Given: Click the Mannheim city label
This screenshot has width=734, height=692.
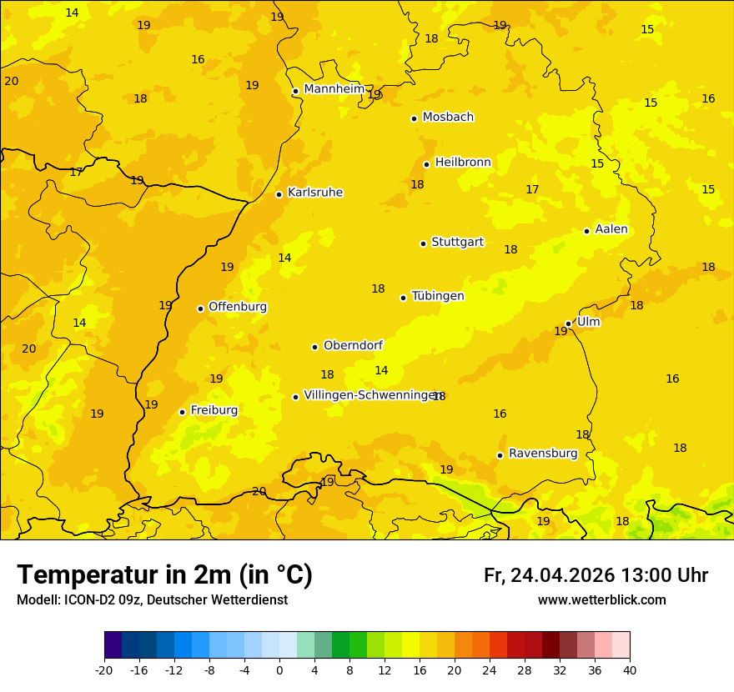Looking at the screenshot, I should pos(334,89).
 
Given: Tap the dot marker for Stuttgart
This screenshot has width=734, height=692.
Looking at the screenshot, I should pos(423,243).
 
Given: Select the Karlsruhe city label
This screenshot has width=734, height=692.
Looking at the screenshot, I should pos(314,193).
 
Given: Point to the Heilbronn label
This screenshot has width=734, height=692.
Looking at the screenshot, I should pos(462,163).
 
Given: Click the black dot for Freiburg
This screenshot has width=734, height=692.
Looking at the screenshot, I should pos(182,412).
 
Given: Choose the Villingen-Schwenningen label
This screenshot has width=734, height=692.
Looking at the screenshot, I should pos(371,395).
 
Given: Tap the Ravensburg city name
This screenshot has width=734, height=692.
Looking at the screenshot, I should pos(543,454).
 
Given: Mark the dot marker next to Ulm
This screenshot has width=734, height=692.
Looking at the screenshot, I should pos(568,323).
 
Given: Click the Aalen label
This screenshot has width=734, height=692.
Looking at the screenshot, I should pos(611,229).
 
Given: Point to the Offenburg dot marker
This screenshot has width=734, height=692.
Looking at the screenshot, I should pos(200,308).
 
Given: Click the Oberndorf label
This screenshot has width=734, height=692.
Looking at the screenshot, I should pos(354,345).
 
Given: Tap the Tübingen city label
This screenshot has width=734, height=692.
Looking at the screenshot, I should pos(437,296).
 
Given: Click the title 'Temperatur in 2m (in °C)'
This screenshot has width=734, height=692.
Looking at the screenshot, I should pos(164,574).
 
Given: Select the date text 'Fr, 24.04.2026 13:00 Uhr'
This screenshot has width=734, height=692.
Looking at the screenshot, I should pos(596,575).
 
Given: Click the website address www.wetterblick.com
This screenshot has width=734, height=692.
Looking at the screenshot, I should pos(601,599).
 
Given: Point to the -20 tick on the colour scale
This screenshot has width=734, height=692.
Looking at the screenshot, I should pos(104,669).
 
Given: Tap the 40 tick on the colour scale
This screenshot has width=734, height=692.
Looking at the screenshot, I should pos(629,669).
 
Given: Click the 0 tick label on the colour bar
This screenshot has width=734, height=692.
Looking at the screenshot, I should pos(279,669).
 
